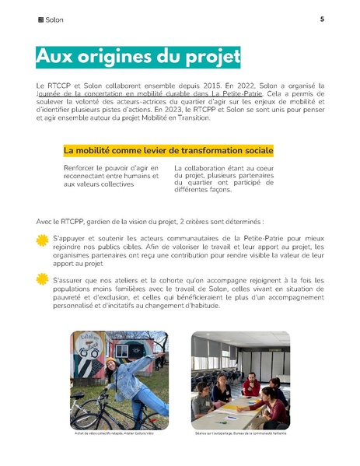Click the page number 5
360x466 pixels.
[x=321, y=19]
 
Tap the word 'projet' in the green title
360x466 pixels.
[x=210, y=57]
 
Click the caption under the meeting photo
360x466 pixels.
[x=240, y=433]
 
